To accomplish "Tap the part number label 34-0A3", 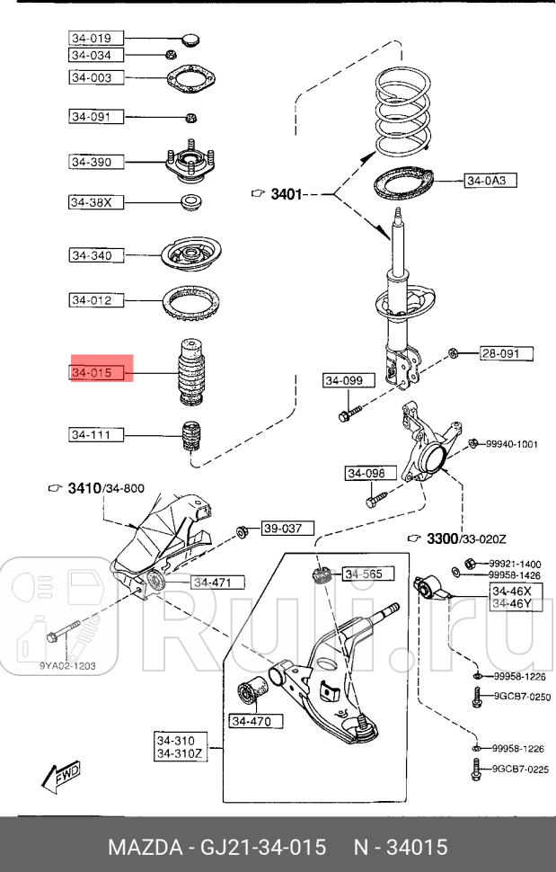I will pyautogui.click(x=490, y=181).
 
